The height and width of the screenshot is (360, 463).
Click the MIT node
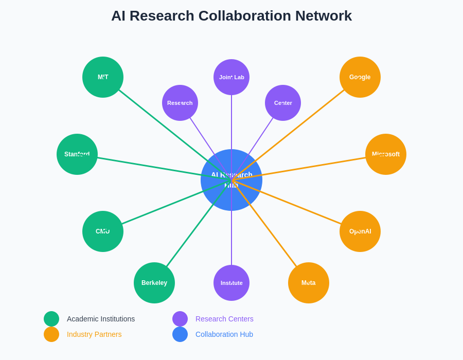pyautogui.click(x=103, y=77)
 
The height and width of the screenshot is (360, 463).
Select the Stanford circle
pyautogui.click(x=77, y=154)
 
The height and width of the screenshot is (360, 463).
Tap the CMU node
pyautogui.click(x=103, y=231)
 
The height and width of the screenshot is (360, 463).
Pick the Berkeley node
pyautogui.click(x=154, y=283)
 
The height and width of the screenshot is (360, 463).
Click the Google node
pyautogui.click(x=360, y=77)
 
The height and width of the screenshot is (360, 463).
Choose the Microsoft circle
pyautogui.click(x=386, y=154)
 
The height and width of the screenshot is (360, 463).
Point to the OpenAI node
pyautogui.click(x=360, y=231)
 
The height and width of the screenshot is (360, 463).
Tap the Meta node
pyautogui.click(x=309, y=283)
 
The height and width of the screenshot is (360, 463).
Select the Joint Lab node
pyautogui.click(x=232, y=77)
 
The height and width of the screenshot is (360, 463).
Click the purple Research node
pyautogui.click(x=180, y=103)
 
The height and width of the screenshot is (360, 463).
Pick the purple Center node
pyautogui.click(x=283, y=103)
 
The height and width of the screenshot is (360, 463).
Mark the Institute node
pyautogui.click(x=232, y=283)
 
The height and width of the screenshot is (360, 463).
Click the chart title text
pyautogui.click(x=232, y=16)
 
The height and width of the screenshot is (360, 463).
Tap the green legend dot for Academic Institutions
pyautogui.click(x=51, y=319)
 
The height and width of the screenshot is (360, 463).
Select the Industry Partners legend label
pyautogui.click(x=94, y=334)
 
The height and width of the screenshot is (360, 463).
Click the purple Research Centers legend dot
pyautogui.click(x=180, y=319)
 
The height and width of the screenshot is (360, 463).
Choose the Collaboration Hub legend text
pyautogui.click(x=224, y=334)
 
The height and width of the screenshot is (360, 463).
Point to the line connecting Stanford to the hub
pyautogui.click(x=149, y=167)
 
